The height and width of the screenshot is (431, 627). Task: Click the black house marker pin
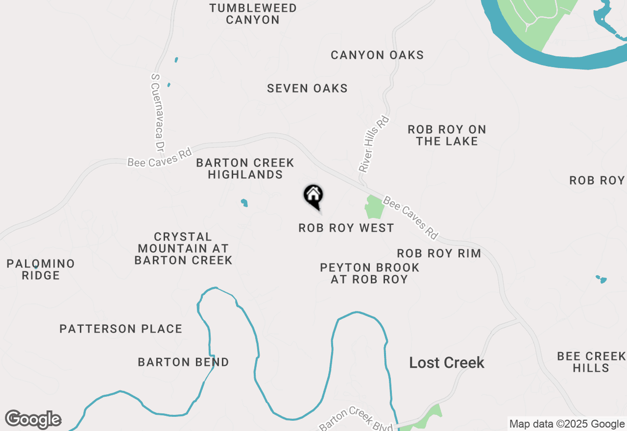[313, 197]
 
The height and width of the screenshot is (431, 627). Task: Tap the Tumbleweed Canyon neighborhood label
[253, 14]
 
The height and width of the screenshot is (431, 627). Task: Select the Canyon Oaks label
[377, 55]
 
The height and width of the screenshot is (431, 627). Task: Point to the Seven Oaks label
[307, 88]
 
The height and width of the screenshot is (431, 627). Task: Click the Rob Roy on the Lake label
[447, 135]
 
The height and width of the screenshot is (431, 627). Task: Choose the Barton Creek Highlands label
[245, 168]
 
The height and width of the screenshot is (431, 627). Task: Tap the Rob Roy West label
[346, 228]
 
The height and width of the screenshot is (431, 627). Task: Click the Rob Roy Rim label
[438, 253]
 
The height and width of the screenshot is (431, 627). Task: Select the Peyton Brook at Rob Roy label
[369, 273]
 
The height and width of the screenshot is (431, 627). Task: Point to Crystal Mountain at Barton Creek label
[183, 248]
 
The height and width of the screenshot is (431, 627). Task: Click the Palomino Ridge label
[41, 269]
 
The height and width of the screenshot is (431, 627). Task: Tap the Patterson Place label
[121, 329]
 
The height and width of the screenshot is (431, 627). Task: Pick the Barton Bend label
[183, 362]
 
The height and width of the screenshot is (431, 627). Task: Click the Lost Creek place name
[447, 362]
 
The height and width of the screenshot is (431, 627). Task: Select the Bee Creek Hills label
[591, 361]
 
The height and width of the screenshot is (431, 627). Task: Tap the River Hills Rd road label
[374, 144]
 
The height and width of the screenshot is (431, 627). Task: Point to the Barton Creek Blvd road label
[356, 419]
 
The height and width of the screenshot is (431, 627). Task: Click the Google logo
[33, 420]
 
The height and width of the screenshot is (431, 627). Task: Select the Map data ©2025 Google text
[567, 424]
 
